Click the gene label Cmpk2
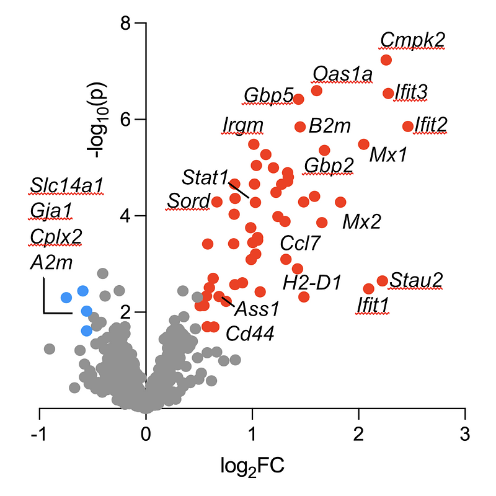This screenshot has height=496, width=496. click(x=412, y=40)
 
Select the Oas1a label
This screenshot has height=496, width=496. click(x=343, y=74)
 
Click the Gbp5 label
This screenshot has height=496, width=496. click(x=268, y=95)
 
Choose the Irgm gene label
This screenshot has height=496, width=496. click(x=243, y=125)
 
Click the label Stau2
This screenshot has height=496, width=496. click(x=415, y=281)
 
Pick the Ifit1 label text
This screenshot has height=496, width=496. click(x=372, y=305)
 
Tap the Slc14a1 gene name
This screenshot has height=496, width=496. click(x=66, y=185)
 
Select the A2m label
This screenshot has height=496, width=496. click(x=51, y=263)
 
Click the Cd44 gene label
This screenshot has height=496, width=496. click(x=249, y=334)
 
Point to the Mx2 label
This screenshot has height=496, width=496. click(x=361, y=221)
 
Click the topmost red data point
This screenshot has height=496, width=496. click(x=386, y=60)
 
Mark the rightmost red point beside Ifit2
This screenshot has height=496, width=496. click(x=408, y=126)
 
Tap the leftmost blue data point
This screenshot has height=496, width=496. click(x=66, y=298)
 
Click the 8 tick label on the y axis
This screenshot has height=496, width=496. click(x=123, y=24)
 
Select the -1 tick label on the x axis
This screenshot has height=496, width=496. click(x=38, y=432)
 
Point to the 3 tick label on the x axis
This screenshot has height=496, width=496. click(x=464, y=432)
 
